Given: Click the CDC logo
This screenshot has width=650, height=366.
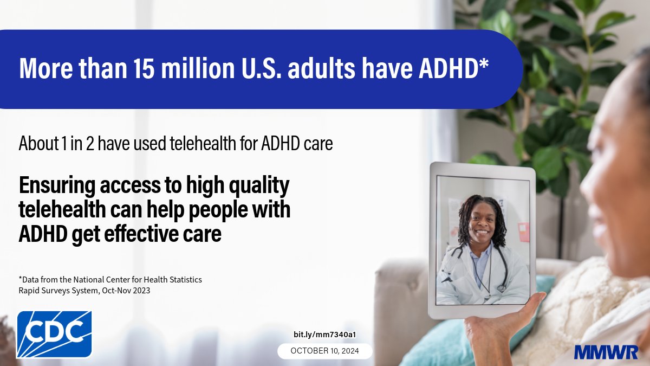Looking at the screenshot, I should pos(54,333).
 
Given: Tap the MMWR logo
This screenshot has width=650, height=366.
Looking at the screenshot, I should pos(606,352).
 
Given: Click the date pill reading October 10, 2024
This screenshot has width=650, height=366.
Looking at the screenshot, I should pos(325,351).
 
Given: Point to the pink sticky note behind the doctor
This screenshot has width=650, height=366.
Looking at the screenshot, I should pos(523,232).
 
